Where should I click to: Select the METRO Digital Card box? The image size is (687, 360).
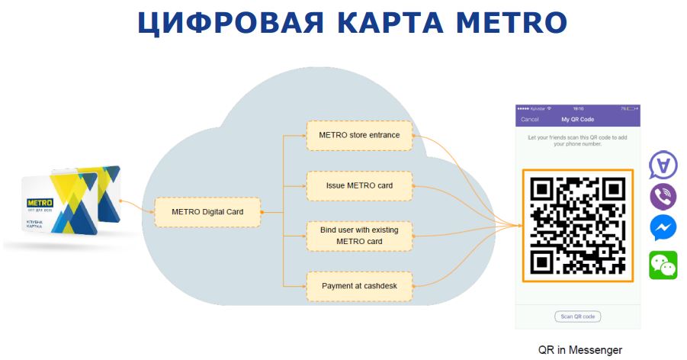point(207,211)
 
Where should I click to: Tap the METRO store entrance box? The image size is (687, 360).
point(359,136)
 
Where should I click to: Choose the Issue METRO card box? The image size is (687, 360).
point(359,185)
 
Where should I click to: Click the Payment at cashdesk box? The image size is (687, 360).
point(359,286)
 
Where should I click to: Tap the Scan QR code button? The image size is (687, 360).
point(577,317)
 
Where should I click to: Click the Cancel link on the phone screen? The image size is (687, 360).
point(529,120)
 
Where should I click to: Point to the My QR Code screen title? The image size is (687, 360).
point(577,120)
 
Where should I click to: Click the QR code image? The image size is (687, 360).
point(577,225)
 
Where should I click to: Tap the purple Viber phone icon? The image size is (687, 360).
point(663,196)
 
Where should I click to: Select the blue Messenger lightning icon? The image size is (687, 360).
point(663,228)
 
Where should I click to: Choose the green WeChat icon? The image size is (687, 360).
point(663,265)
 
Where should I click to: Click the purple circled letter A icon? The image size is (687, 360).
point(663,164)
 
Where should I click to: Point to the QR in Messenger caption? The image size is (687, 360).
point(579,350)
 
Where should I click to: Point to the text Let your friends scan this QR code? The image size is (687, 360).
point(577,140)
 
